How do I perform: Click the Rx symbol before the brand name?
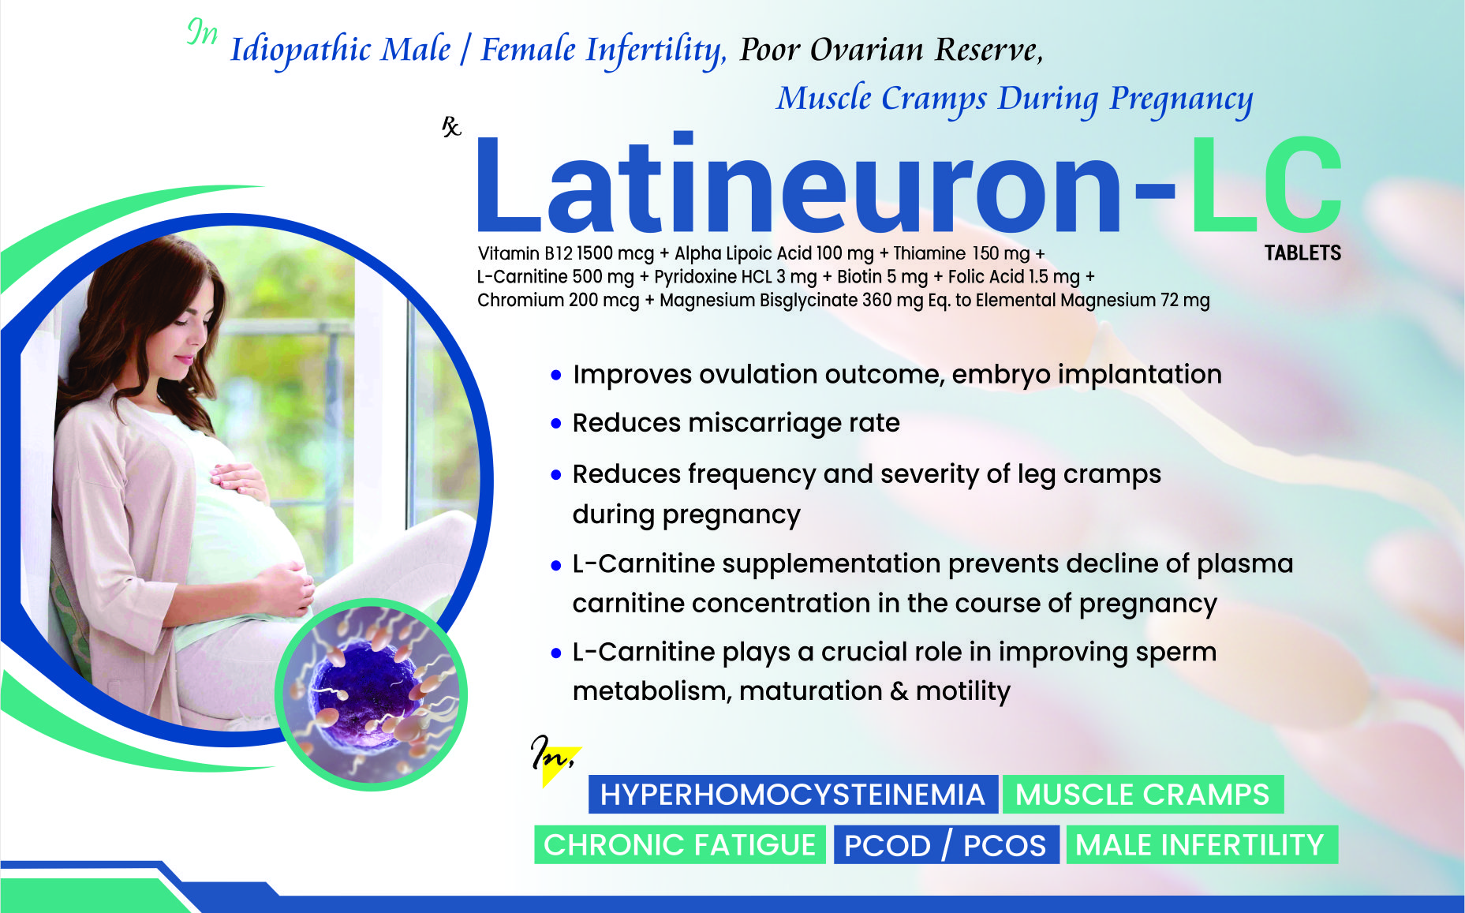point(451,127)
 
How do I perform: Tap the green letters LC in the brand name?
point(1266,185)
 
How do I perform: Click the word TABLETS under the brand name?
point(1302,253)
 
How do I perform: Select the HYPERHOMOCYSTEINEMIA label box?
point(793,794)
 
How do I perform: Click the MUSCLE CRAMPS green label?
point(1142,794)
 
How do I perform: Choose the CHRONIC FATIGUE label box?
point(680,844)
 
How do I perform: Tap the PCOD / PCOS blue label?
point(945,844)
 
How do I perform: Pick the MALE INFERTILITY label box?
point(1202,844)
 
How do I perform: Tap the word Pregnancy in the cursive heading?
point(1180,100)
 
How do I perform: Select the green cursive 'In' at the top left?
point(202,32)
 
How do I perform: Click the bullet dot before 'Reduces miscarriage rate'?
point(556,425)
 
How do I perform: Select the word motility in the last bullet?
point(962,691)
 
